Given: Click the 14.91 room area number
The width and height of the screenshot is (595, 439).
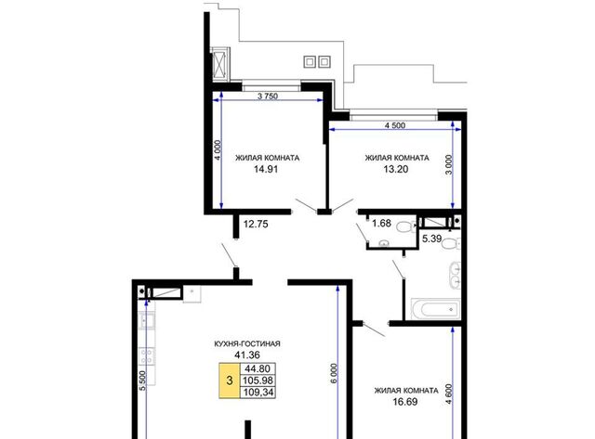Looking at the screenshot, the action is point(266,169).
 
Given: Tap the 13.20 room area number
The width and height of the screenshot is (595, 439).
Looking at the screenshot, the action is point(396,169).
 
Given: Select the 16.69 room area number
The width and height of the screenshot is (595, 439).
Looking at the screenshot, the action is point(405,402).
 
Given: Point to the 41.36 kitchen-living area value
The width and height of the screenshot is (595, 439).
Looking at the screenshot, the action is point(247,355).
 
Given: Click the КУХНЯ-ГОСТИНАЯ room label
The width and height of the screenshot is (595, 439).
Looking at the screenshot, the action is point(247,344).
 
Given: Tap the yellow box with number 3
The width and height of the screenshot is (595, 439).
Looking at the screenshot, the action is point(230,381).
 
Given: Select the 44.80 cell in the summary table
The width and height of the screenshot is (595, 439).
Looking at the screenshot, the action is point(258,368).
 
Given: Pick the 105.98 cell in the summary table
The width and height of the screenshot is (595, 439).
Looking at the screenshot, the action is point(258,381).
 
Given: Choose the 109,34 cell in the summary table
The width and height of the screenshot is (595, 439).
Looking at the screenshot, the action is point(258,392).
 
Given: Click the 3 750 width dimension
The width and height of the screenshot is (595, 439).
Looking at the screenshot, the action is point(268,97).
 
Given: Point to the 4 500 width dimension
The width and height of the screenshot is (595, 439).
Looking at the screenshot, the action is point(395,125).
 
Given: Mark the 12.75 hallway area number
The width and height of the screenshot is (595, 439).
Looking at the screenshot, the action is point(256,224).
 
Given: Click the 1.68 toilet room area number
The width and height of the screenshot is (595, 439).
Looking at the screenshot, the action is point(381,223).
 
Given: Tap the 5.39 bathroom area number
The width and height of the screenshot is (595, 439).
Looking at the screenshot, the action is point(431,239).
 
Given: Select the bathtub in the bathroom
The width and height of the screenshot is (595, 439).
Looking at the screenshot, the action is point(436,309).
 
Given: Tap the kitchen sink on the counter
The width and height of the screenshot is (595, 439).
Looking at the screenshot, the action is point(147,321).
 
